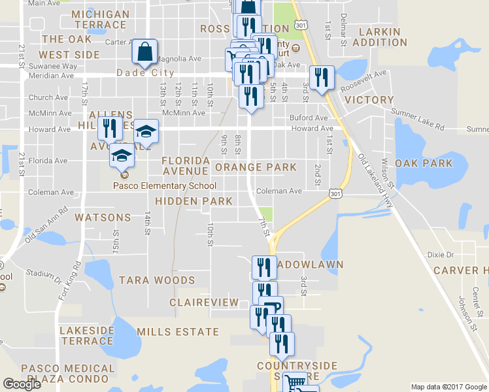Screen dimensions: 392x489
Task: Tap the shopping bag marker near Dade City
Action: tap(144, 52)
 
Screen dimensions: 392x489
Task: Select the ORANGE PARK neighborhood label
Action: tap(256, 167)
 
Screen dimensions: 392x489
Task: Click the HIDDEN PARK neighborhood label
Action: tap(194, 201)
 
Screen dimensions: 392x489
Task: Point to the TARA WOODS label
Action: tap(157, 280)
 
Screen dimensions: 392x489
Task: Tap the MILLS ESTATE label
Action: tap(178, 332)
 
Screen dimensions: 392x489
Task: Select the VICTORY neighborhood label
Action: tap(369, 100)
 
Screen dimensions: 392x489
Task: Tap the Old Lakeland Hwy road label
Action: tap(375, 182)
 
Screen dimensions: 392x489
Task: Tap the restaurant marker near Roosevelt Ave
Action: tap(321, 78)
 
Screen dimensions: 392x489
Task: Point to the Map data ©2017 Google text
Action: tap(448, 387)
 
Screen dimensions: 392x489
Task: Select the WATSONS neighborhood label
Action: tap(103, 217)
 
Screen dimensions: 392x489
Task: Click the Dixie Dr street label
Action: tap(439, 255)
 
